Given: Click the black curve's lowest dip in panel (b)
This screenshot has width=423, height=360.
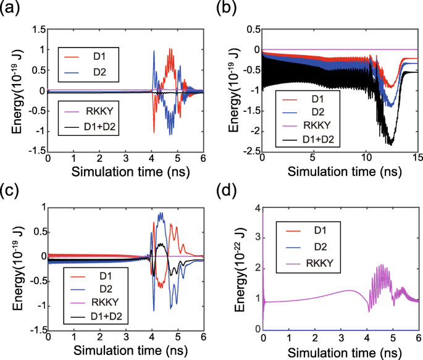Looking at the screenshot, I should tap(390, 144).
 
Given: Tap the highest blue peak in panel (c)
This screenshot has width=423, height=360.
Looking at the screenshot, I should tap(162, 213).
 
